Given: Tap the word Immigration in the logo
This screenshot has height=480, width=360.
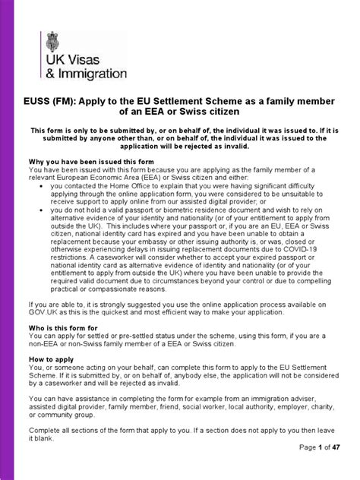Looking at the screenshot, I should pos(90,74).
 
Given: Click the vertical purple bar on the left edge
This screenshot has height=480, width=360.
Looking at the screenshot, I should pos(3,240).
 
